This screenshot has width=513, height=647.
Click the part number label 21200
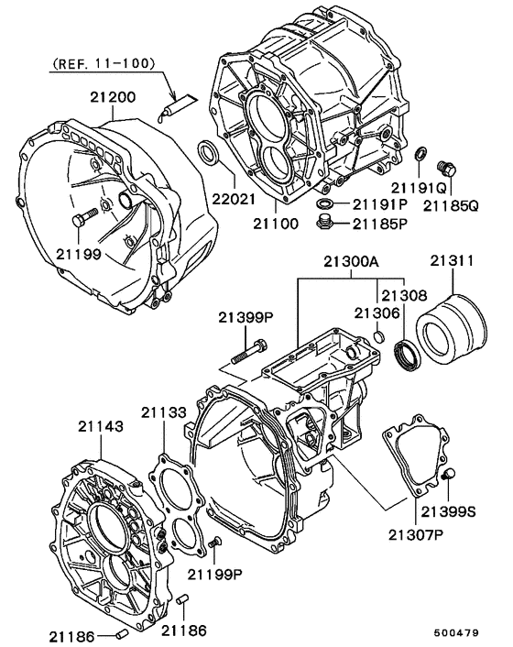pos(113,96)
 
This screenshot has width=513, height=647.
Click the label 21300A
pos(350,261)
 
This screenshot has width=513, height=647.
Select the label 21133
pos(164,412)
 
